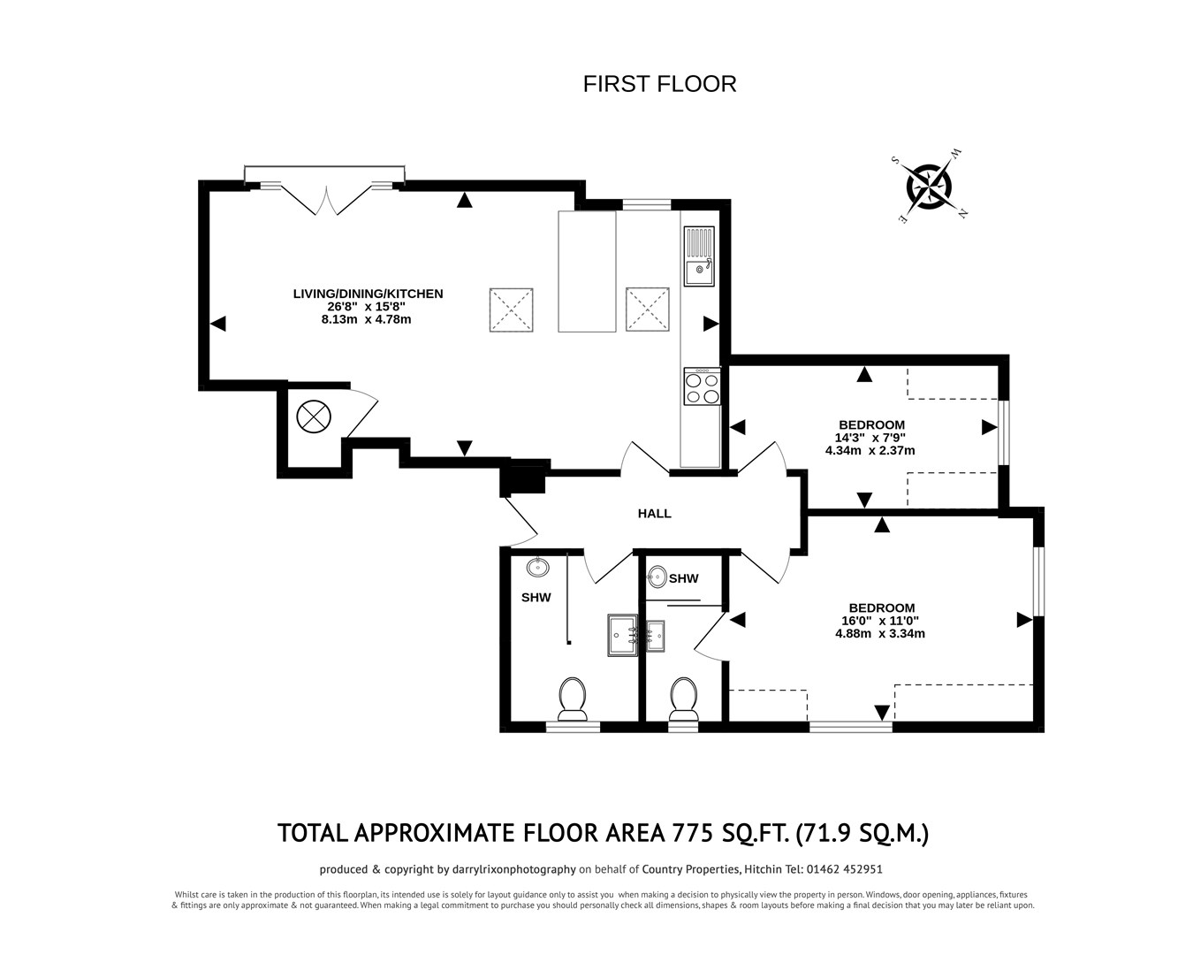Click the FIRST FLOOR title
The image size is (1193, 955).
click(659, 84)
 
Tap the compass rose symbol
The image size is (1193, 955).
click(929, 187)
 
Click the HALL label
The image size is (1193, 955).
click(655, 514)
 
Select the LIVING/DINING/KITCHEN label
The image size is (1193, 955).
click(368, 294)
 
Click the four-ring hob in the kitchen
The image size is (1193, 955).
click(702, 386)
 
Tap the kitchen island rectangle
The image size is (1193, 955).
click(587, 271)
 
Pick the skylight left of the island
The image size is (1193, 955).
click(512, 309)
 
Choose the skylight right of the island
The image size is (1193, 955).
click(648, 309)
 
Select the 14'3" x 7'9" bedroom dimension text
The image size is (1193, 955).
click(870, 437)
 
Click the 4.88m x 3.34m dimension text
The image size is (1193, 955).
click(880, 633)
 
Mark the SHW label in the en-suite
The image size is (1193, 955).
click(684, 579)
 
